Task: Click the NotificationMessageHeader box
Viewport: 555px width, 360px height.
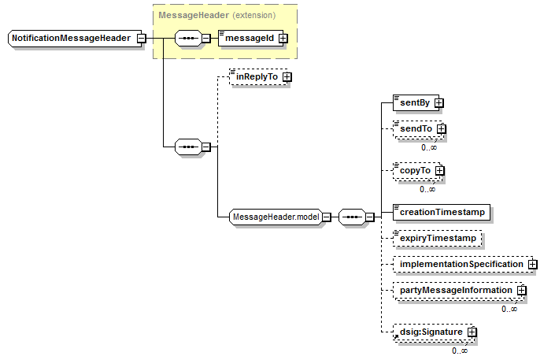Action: pyautogui.click(x=75, y=39)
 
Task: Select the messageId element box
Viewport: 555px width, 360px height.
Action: pyautogui.click(x=250, y=39)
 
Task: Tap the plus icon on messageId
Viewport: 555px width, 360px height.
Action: pyautogui.click(x=283, y=39)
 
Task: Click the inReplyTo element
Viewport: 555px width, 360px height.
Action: pyautogui.click(x=258, y=77)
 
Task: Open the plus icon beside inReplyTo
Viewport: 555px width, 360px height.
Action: pyautogui.click(x=287, y=77)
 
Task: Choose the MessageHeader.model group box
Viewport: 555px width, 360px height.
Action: pyautogui.click(x=276, y=217)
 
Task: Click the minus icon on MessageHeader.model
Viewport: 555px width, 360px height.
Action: pyautogui.click(x=327, y=217)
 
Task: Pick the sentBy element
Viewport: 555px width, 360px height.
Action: pyautogui.click(x=416, y=102)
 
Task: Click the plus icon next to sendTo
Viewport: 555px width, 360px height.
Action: pyautogui.click(x=441, y=129)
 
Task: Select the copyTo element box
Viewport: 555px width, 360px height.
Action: pyautogui.click(x=418, y=171)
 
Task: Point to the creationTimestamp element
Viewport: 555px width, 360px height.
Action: pyautogui.click(x=442, y=212)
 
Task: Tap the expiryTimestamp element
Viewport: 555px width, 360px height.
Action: pyautogui.click(x=438, y=239)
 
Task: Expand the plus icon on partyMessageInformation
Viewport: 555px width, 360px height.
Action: pyautogui.click(x=521, y=291)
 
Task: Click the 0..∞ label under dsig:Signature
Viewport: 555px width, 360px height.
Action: pyautogui.click(x=460, y=351)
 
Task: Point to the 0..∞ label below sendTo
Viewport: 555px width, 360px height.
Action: pyautogui.click(x=429, y=147)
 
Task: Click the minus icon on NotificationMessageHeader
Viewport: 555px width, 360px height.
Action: pyautogui.click(x=141, y=39)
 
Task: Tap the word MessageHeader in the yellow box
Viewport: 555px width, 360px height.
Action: pyautogui.click(x=194, y=15)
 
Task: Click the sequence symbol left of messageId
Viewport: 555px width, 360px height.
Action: pyautogui.click(x=189, y=39)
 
